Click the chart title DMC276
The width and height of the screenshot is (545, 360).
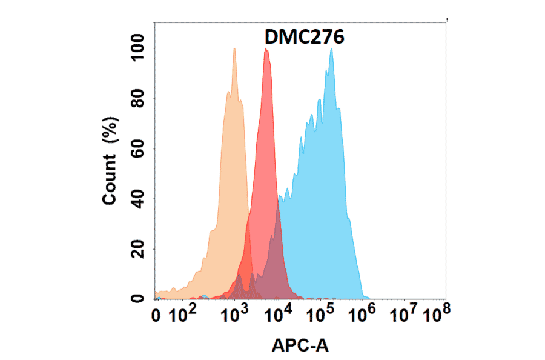point(305,38)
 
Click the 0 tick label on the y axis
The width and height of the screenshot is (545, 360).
point(144,299)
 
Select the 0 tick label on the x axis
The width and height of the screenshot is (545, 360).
point(156,316)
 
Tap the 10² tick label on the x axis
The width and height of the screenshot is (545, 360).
point(182,315)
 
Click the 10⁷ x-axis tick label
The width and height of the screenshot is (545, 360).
point(405,315)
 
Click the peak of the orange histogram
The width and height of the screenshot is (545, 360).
point(234,49)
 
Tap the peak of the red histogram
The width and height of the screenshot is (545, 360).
point(266,50)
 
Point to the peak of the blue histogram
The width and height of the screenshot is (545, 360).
point(331,49)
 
